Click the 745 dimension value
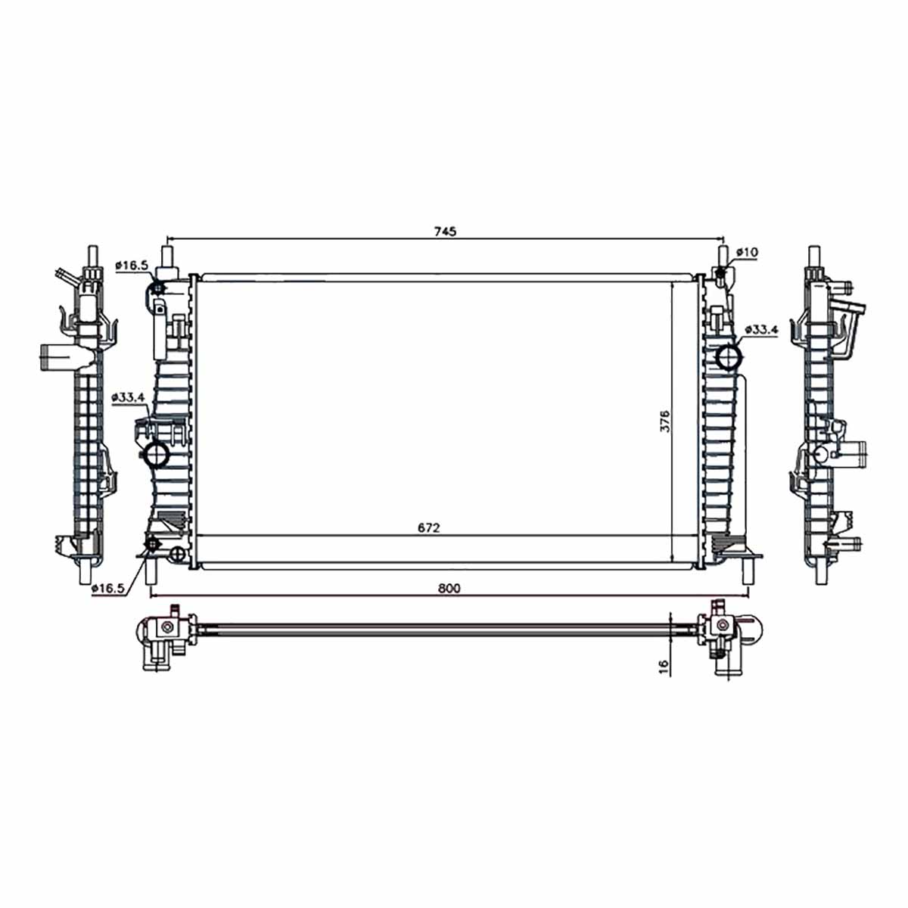point(445,232)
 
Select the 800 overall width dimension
point(449,588)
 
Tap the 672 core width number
point(428,528)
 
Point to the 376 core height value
point(664,421)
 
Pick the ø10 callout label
point(746,252)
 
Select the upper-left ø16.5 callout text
point(132,266)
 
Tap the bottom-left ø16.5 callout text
point(108,588)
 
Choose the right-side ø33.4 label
point(761,329)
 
